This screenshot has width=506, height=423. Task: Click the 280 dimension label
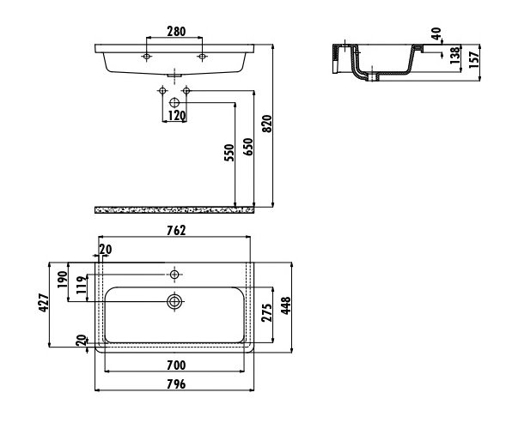[176, 31]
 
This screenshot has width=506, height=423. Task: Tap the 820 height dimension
[267, 124]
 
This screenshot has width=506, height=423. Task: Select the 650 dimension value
[248, 147]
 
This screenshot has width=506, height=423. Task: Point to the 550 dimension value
[229, 153]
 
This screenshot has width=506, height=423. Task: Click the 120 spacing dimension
[177, 116]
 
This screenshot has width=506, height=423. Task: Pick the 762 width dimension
[176, 230]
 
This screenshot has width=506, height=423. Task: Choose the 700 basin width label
[176, 366]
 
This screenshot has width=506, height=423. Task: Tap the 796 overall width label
[176, 384]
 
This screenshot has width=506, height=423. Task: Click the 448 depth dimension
[285, 305]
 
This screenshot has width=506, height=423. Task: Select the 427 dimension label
[44, 303]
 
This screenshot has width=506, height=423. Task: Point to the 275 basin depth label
[266, 312]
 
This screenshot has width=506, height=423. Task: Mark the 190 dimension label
[62, 280]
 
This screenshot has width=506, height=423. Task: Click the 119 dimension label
[82, 284]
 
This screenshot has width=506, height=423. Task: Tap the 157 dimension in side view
[474, 60]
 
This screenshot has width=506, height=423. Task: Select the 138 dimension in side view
[455, 55]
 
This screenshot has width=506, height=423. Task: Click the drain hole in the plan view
[174, 302]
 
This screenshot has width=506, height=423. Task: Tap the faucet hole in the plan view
[174, 275]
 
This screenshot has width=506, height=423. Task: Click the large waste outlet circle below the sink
[174, 103]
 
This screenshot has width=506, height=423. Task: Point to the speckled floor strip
[174, 210]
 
